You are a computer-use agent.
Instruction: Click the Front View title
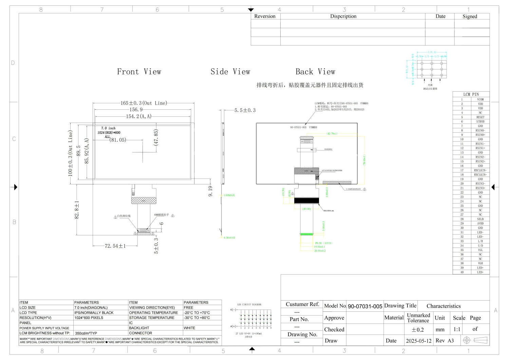click(x=139, y=72)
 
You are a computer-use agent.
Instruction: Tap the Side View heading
click(x=230, y=72)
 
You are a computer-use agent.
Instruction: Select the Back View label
click(x=315, y=72)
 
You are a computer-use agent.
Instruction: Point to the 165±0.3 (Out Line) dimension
click(x=144, y=103)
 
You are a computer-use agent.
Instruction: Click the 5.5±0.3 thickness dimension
click(x=245, y=110)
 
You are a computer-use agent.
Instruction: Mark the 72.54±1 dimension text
click(x=115, y=246)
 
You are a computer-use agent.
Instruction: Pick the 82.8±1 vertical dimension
click(x=77, y=209)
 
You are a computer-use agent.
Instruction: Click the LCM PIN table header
click(x=471, y=94)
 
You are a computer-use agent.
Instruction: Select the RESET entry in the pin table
click(x=480, y=117)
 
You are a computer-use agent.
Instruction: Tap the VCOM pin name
click(x=480, y=99)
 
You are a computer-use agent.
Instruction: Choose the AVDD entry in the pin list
click(x=480, y=223)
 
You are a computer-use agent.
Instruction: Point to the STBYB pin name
click(x=480, y=121)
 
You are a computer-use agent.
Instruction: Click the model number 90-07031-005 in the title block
click(x=365, y=306)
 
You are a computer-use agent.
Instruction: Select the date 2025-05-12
click(x=419, y=341)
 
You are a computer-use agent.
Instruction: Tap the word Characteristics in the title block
click(x=444, y=306)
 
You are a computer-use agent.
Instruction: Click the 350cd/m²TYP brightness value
click(x=86, y=333)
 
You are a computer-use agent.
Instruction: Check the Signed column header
click(x=470, y=16)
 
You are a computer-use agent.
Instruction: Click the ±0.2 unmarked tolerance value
click(x=418, y=329)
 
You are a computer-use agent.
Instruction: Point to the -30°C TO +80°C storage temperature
click(x=197, y=318)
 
